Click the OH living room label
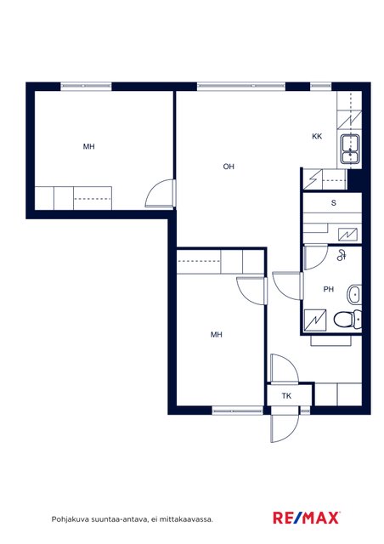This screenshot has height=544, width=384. pos(229,167)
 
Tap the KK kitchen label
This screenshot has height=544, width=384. pos(317,136)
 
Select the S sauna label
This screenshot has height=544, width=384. pos(334,203)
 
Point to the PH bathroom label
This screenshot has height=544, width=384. pos(329,289)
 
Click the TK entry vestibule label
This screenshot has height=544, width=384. pos(286,396)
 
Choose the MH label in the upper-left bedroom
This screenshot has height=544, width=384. pos(89,147)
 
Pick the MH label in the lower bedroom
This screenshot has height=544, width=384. pos(217,334)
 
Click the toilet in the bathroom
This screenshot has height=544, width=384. pos(347,320)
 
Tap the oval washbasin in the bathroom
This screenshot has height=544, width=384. pos(354,295)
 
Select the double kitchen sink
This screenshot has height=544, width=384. pos(350,149)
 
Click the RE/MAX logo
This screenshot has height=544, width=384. pos(307,518)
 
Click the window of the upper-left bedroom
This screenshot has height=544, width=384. pos(87,87)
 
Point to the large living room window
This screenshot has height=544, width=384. pos(241,87)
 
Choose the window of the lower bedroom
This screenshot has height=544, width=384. pos(238,411)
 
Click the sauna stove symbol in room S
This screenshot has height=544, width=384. pos(348,235)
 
